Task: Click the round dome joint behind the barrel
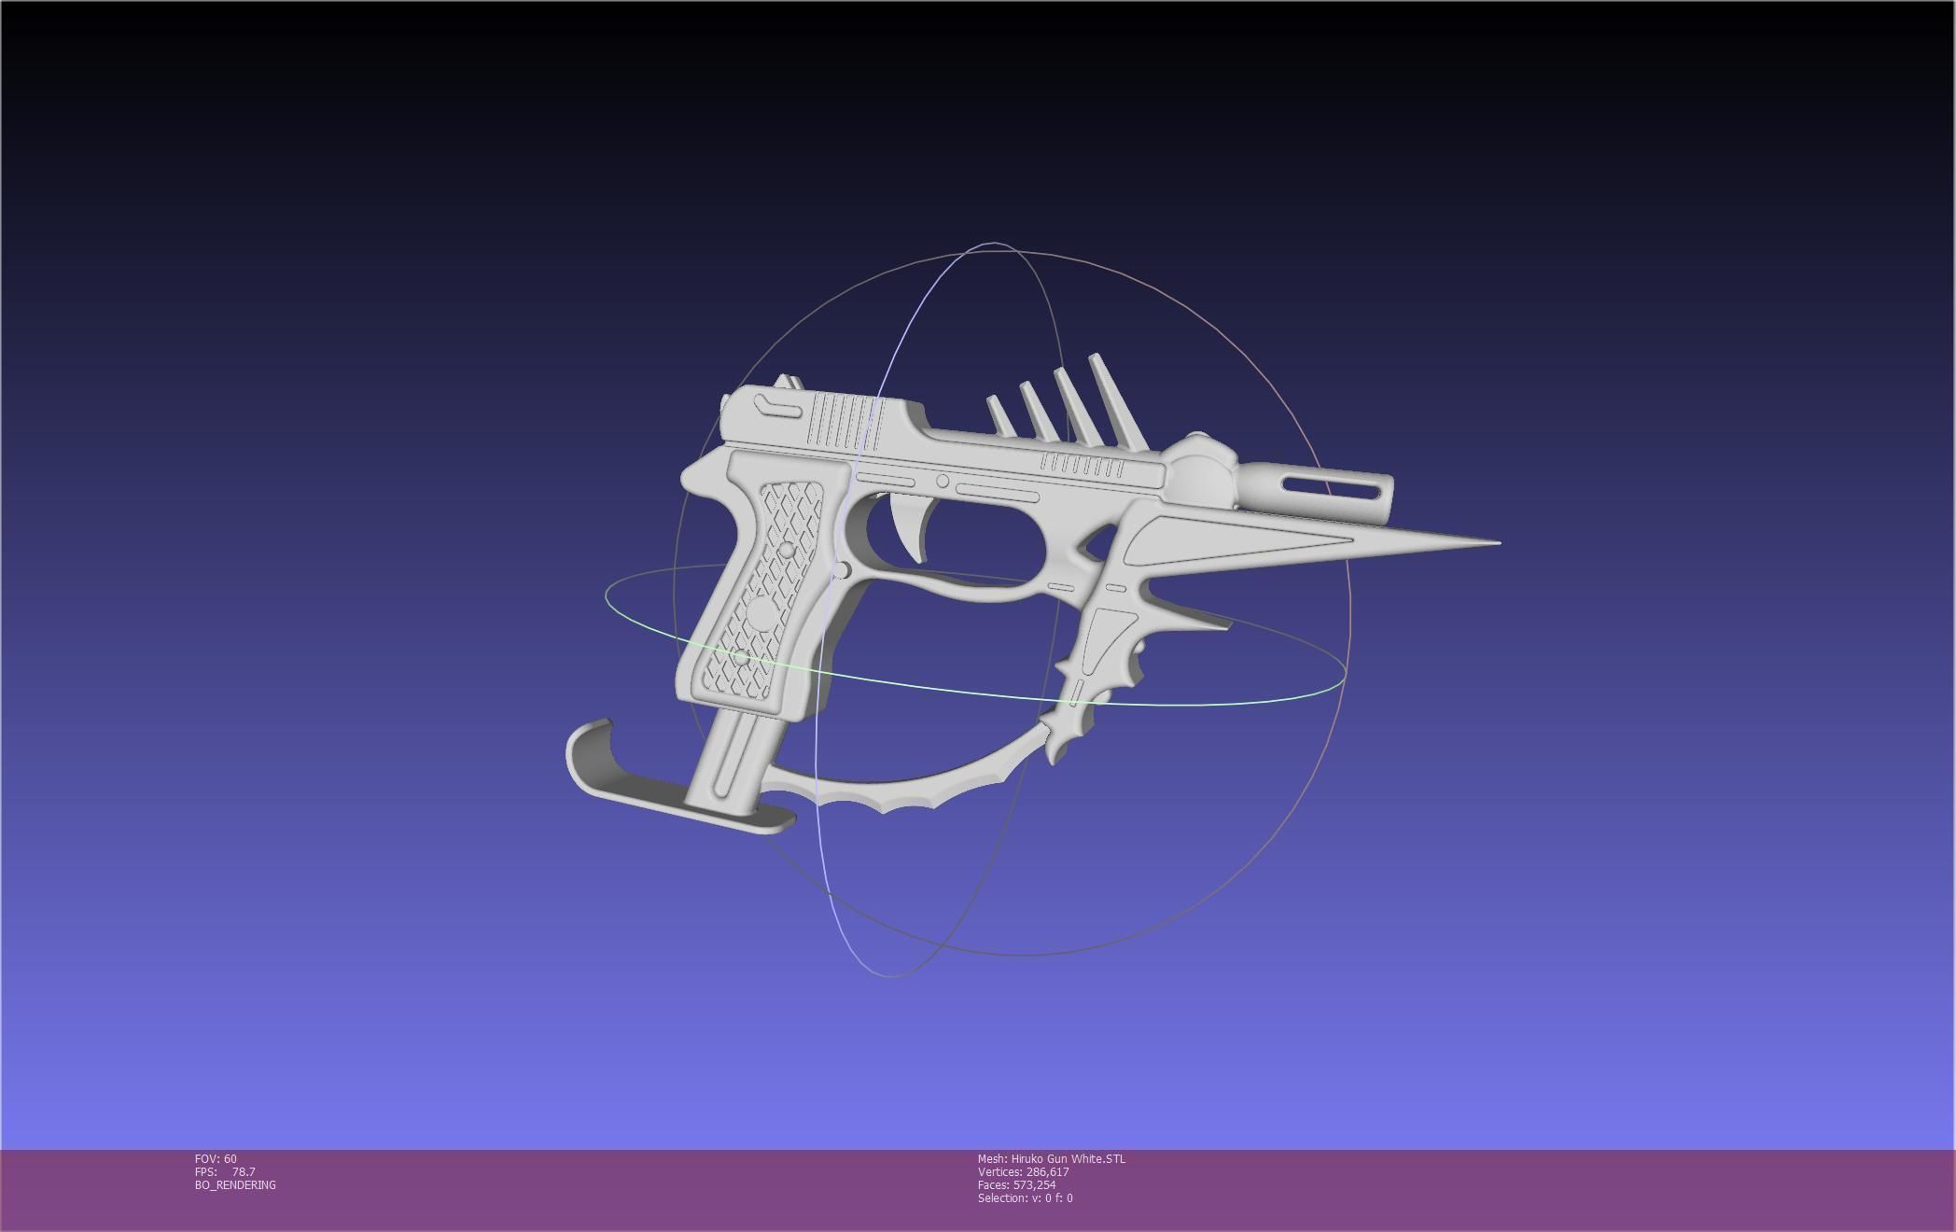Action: [1198, 467]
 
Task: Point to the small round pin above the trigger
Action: [943, 482]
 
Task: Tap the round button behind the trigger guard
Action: [842, 570]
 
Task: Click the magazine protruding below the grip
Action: [733, 761]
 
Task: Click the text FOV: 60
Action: [216, 1159]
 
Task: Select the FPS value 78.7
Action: [244, 1172]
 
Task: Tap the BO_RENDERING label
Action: [235, 1185]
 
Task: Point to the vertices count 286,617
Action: [1047, 1172]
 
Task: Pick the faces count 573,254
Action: [1034, 1185]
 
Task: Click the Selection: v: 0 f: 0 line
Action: [1025, 1198]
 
